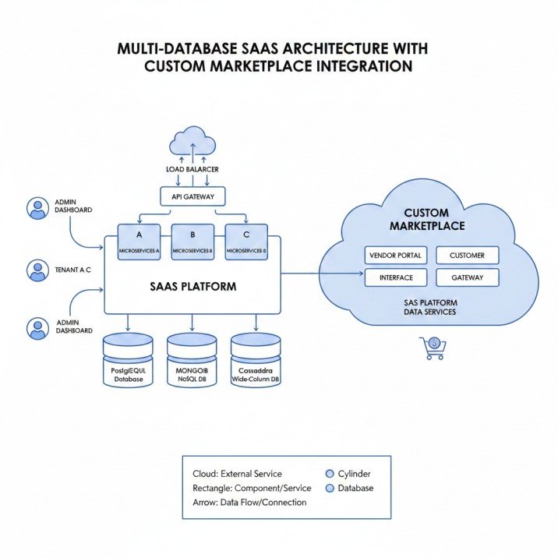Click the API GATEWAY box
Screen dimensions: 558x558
(192, 197)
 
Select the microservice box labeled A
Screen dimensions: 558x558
(139, 242)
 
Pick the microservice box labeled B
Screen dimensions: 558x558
(192, 242)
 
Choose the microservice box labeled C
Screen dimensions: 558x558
(246, 242)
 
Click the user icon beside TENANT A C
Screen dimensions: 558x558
(37, 270)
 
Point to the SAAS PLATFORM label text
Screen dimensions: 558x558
(192, 286)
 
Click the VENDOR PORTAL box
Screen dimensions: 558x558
(395, 256)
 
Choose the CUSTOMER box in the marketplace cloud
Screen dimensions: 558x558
(467, 256)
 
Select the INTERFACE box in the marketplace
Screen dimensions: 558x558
(395, 277)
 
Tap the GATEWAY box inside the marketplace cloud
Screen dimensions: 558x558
(467, 277)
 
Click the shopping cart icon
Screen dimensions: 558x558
(432, 348)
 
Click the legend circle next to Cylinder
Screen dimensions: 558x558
(330, 473)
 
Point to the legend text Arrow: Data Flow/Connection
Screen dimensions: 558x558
(249, 503)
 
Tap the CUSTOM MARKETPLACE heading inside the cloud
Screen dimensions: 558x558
(426, 219)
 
